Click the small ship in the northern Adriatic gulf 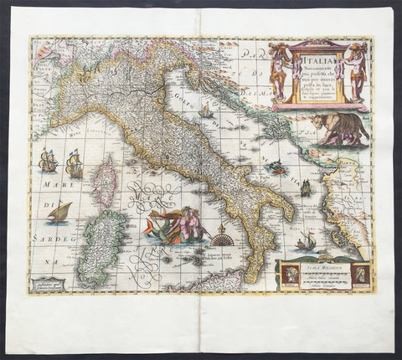(205, 111)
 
